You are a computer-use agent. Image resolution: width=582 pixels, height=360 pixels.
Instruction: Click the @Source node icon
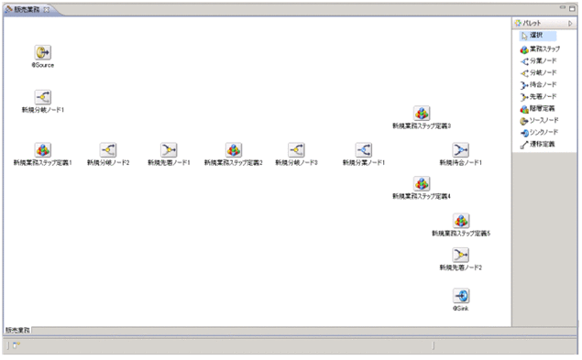42,52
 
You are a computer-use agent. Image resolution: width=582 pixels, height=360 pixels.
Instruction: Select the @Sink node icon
461,296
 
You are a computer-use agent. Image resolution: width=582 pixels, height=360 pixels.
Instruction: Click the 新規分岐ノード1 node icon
42,96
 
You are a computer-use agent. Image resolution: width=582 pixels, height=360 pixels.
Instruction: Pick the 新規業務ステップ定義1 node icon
42,149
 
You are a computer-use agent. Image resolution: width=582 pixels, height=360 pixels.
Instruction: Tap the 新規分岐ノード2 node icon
108,149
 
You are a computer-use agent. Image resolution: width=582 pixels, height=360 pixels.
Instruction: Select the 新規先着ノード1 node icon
169,149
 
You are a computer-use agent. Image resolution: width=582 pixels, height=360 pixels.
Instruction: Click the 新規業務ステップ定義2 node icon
234,149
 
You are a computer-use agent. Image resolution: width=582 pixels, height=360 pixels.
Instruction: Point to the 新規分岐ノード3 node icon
296,149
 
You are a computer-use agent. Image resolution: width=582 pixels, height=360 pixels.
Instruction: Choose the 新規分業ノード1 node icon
363,149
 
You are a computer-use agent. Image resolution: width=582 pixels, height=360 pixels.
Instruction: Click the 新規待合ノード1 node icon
461,149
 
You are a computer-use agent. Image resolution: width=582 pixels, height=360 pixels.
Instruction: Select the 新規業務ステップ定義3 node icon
422,113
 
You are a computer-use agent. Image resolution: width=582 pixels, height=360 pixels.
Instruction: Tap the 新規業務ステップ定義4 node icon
422,183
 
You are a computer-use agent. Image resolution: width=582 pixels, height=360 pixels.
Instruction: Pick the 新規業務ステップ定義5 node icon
461,221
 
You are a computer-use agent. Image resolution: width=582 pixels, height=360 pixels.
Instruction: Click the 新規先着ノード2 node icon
461,254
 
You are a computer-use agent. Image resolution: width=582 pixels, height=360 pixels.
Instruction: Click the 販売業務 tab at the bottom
18,330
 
